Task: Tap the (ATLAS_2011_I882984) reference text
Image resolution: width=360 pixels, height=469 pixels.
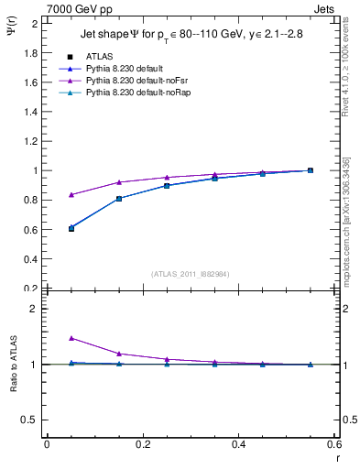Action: [190, 273]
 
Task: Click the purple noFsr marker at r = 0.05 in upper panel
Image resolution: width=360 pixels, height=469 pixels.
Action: [71, 194]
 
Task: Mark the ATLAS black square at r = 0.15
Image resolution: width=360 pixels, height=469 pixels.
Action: [119, 198]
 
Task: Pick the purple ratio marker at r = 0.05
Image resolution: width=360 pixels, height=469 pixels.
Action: [71, 338]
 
